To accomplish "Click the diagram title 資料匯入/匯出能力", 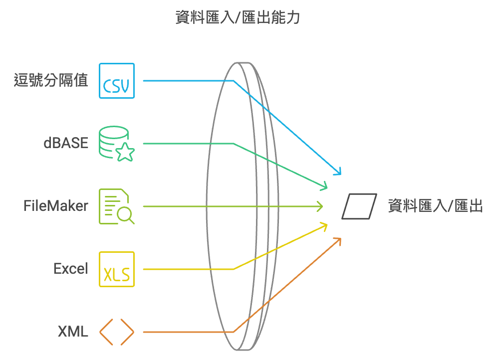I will [x=238, y=18].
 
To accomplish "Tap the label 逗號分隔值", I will [x=51, y=80].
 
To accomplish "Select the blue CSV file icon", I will [x=117, y=81].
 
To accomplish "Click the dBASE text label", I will [x=65, y=144].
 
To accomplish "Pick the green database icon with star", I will [x=116, y=144].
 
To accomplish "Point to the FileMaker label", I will [x=56, y=206].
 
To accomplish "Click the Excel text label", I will [x=71, y=269].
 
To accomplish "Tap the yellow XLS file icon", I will [x=117, y=269].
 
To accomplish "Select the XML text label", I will [x=73, y=332].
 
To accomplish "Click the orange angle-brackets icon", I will [x=117, y=332].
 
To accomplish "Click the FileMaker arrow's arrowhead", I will [x=320, y=206].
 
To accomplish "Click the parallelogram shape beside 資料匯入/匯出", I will [x=359, y=206].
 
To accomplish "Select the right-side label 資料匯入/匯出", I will [x=436, y=206].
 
